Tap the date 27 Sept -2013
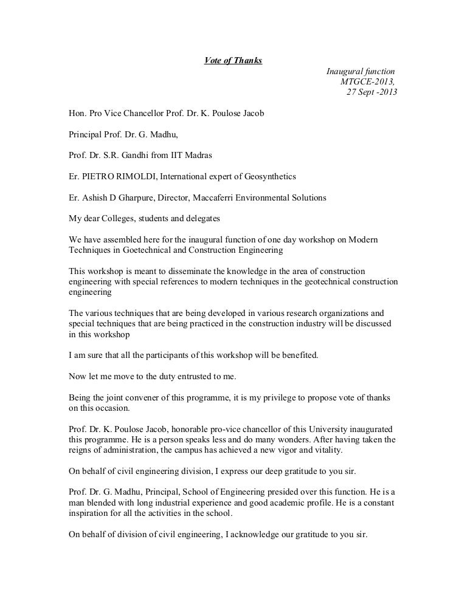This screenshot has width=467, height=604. point(372,92)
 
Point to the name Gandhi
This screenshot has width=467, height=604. point(137,155)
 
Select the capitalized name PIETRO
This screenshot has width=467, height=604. point(97,176)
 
